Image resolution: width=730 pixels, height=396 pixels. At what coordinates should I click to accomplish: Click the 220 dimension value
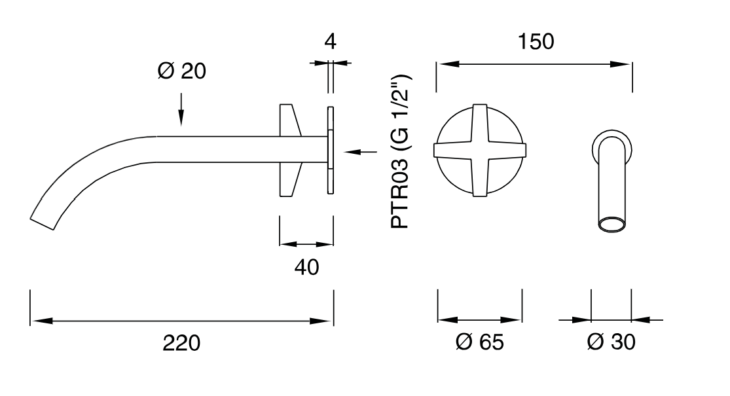pyautogui.click(x=181, y=343)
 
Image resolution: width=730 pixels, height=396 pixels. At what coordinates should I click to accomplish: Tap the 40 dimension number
pyautogui.click(x=307, y=268)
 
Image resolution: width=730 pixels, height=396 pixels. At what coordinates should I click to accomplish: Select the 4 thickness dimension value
pyautogui.click(x=330, y=41)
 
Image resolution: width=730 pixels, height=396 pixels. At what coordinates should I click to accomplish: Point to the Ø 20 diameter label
pyautogui.click(x=181, y=71)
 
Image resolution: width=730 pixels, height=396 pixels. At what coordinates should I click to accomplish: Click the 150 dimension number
pyautogui.click(x=536, y=41)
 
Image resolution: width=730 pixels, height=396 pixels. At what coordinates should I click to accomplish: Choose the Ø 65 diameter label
pyautogui.click(x=479, y=342)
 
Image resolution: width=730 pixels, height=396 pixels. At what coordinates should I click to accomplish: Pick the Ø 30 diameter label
pyautogui.click(x=611, y=342)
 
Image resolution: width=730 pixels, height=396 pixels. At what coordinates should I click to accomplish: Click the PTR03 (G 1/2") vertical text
pyautogui.click(x=400, y=152)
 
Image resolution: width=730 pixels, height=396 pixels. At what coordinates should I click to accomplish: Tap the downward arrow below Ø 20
pyautogui.click(x=181, y=109)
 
